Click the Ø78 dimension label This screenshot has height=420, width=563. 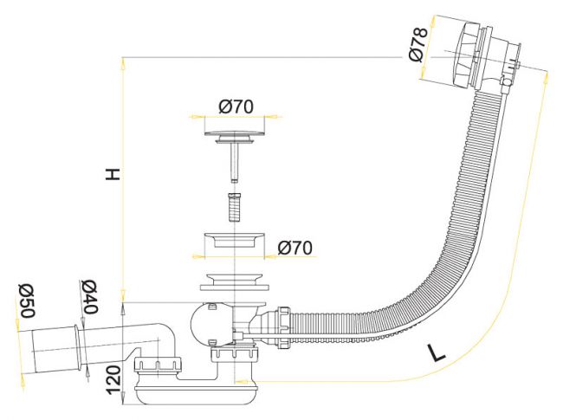pos(418,44)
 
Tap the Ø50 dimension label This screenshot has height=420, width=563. pos(28,300)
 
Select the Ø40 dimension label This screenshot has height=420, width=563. pos(89,296)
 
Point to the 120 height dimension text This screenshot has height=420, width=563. pos(114,380)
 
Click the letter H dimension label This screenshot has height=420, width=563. pos(113,174)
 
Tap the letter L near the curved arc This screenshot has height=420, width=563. pos(436,352)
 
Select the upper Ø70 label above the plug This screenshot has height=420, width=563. pos(236,107)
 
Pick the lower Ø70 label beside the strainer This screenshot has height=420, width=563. pos(294,248)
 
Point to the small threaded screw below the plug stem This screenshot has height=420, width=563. pos(234,207)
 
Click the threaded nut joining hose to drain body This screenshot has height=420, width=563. pos(283,327)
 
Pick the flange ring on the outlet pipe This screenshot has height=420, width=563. pos(80,346)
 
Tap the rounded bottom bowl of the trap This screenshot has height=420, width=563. pos(196,394)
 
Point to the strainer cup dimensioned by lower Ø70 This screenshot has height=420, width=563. pos(234,240)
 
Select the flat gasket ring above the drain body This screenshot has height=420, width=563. pos(234,288)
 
